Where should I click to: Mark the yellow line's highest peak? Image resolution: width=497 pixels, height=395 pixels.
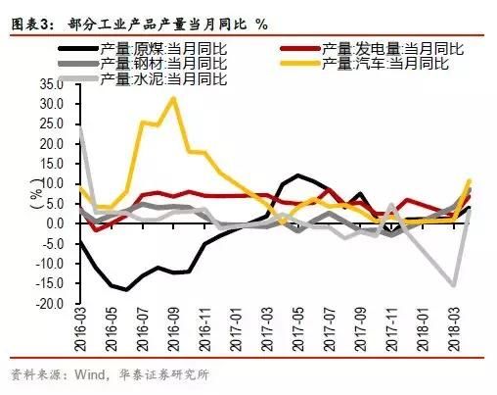click(173, 98)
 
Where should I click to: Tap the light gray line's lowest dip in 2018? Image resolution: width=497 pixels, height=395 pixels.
click(454, 285)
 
